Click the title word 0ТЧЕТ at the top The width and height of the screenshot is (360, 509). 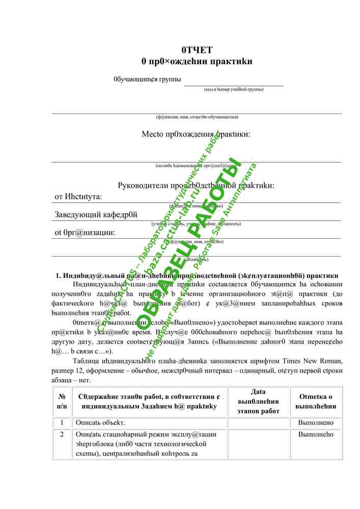197,50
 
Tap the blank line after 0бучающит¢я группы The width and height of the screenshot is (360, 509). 233,81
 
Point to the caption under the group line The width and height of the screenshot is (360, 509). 234,90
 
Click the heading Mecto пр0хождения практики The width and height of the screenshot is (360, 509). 196,135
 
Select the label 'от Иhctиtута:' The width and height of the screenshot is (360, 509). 78,196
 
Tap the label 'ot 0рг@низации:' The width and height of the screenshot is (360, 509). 85,233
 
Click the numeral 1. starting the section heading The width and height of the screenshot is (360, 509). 59,276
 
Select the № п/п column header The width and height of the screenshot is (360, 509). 62,402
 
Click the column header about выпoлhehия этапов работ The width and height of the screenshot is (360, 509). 258,401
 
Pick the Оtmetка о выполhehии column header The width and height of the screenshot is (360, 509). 316,402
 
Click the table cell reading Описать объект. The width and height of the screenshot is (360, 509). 100,423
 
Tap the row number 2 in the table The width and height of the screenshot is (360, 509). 62,435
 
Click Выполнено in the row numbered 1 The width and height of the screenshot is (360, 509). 316,423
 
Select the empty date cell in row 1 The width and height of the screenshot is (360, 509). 258,423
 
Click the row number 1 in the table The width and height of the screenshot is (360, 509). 62,423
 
